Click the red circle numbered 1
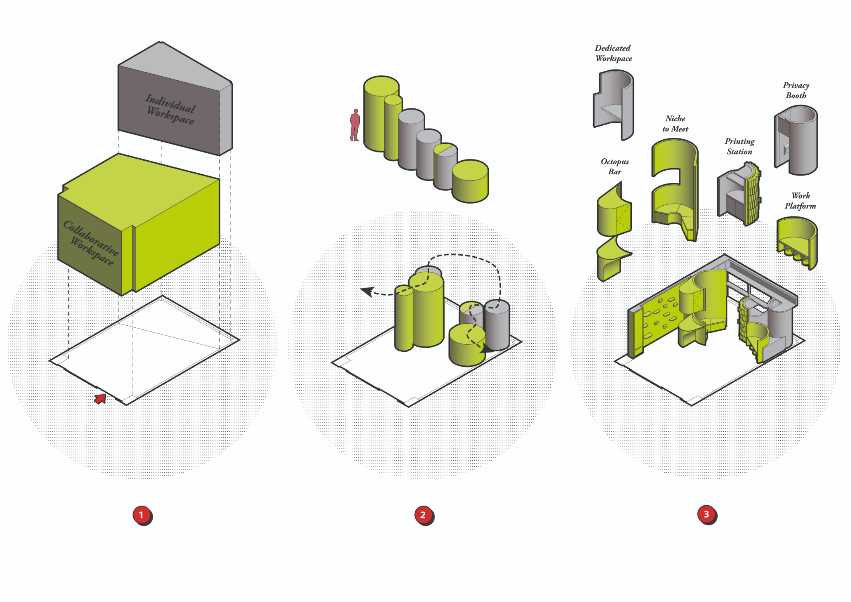click(x=141, y=515)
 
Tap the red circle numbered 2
click(x=423, y=515)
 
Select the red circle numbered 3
click(x=706, y=514)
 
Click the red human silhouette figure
click(x=355, y=125)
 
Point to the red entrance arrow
click(x=100, y=398)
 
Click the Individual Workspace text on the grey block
click(x=170, y=109)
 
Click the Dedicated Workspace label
click(x=613, y=53)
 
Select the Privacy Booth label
click(x=796, y=90)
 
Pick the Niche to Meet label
click(x=675, y=124)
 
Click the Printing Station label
click(x=739, y=146)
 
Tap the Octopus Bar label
click(x=614, y=166)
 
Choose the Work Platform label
click(x=800, y=200)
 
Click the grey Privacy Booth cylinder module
click(x=797, y=141)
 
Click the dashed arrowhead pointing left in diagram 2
click(x=367, y=291)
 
